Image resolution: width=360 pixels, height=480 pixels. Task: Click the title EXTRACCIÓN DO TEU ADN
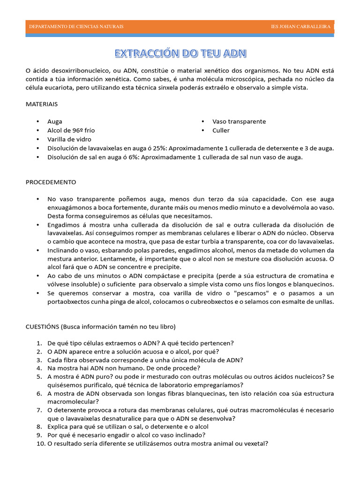(x=180, y=53)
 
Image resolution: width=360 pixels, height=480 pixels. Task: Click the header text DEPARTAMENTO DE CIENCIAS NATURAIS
(x=76, y=27)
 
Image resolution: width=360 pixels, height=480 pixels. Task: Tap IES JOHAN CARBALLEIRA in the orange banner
(x=300, y=27)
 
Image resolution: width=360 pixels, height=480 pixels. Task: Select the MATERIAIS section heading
(x=42, y=104)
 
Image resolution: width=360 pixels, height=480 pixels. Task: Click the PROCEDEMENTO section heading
(x=51, y=182)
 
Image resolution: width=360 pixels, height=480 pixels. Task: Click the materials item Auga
(x=55, y=121)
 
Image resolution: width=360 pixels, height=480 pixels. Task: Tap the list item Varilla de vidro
(x=69, y=139)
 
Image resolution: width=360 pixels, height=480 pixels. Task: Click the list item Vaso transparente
(x=239, y=121)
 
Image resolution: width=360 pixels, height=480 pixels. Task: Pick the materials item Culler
(x=221, y=130)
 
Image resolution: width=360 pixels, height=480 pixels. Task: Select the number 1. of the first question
(x=39, y=342)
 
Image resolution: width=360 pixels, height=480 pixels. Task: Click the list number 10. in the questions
(x=39, y=443)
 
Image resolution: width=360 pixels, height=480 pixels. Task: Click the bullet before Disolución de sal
(x=37, y=157)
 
